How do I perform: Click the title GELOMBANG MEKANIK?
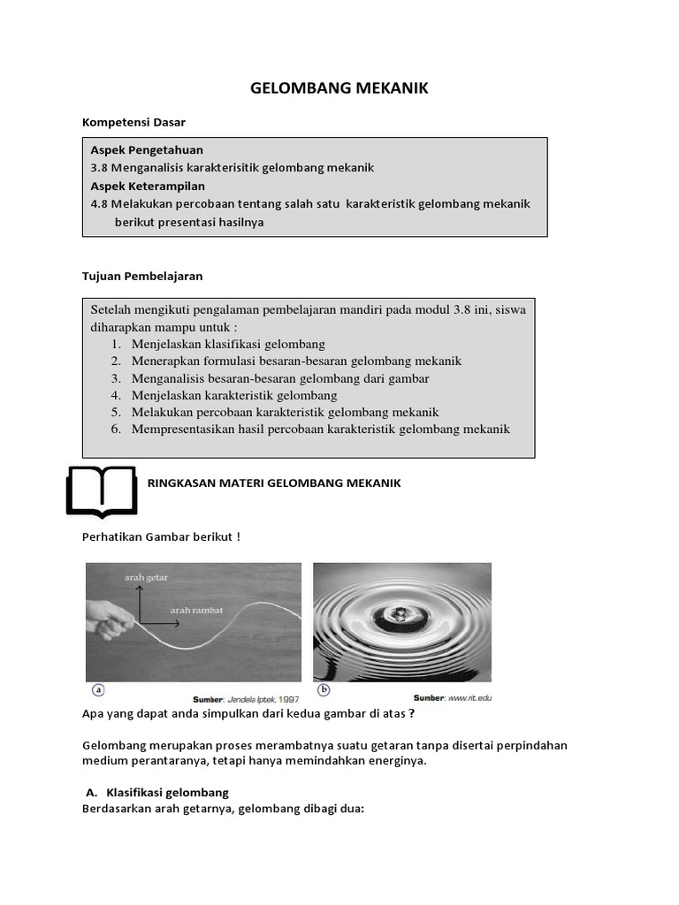click(339, 87)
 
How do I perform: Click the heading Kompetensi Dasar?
click(134, 122)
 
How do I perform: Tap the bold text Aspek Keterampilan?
click(148, 186)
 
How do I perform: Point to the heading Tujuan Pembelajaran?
click(142, 276)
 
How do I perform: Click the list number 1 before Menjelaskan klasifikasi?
click(116, 344)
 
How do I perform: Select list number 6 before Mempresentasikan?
click(116, 430)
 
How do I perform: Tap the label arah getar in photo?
click(146, 577)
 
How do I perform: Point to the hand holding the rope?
click(108, 621)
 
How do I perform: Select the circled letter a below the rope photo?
click(98, 689)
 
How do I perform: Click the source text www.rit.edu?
click(469, 697)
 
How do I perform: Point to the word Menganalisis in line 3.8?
click(148, 167)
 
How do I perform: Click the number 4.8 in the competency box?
click(99, 203)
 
